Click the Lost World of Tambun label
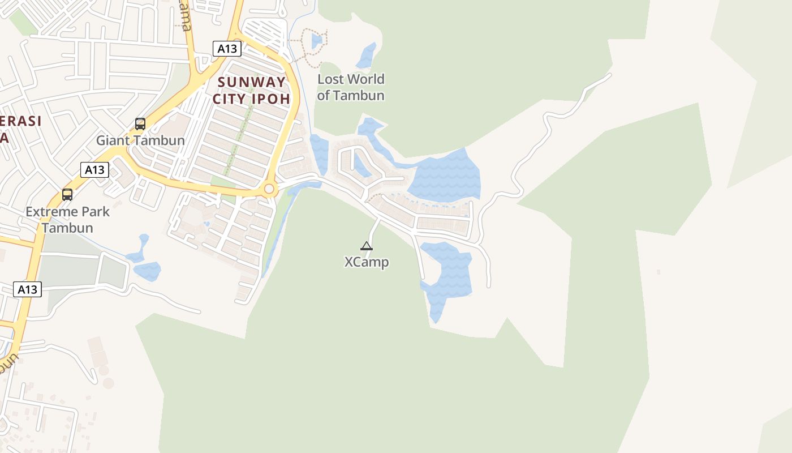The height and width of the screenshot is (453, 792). (351, 87)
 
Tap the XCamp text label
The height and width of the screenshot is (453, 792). (367, 263)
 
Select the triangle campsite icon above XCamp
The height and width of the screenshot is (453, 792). (367, 246)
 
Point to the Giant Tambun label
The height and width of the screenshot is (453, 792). (140, 140)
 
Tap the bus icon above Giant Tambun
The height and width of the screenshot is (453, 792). (140, 123)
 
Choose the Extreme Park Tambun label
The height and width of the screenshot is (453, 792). (67, 220)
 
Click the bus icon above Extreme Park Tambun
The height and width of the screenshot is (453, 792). (67, 195)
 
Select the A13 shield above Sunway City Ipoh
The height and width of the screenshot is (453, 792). (227, 49)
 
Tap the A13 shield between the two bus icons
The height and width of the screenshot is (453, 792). (94, 169)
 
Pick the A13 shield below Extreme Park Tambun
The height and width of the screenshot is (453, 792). (27, 290)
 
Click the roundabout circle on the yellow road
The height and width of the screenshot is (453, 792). (269, 189)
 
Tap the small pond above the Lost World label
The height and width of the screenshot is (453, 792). (367, 55)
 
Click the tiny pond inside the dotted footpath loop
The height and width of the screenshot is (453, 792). (317, 41)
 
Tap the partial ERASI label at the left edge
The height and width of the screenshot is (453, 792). (20, 122)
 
